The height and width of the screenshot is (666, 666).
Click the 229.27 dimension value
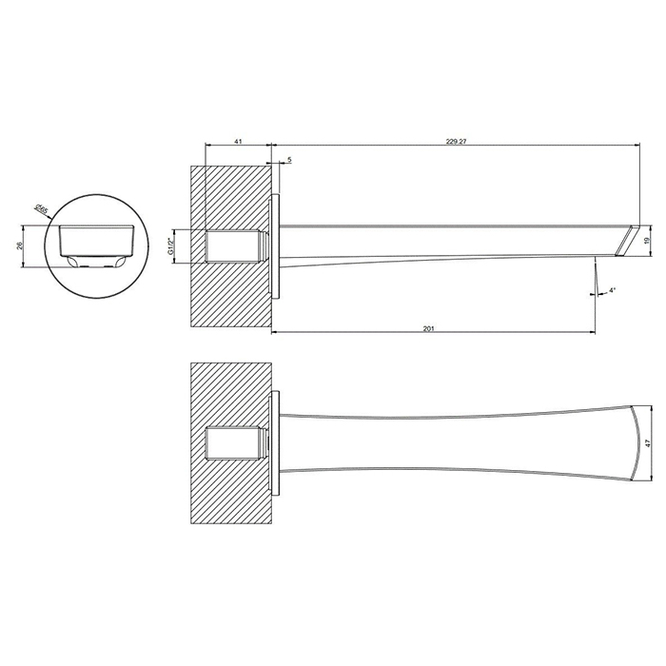pyautogui.click(x=456, y=142)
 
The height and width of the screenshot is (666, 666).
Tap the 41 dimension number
pyautogui.click(x=238, y=142)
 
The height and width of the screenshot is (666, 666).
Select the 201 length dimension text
pyautogui.click(x=428, y=328)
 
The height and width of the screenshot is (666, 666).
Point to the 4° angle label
pyautogui.click(x=612, y=290)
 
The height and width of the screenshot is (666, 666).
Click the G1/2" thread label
pyautogui.click(x=170, y=246)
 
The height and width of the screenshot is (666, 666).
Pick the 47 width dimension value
pyautogui.click(x=647, y=442)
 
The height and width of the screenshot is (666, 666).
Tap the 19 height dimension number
pyautogui.click(x=646, y=241)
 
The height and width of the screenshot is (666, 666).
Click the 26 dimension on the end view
pyautogui.click(x=19, y=246)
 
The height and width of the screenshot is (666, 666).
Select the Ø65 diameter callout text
pyautogui.click(x=41, y=209)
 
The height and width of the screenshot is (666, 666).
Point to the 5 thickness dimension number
pyautogui.click(x=289, y=160)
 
